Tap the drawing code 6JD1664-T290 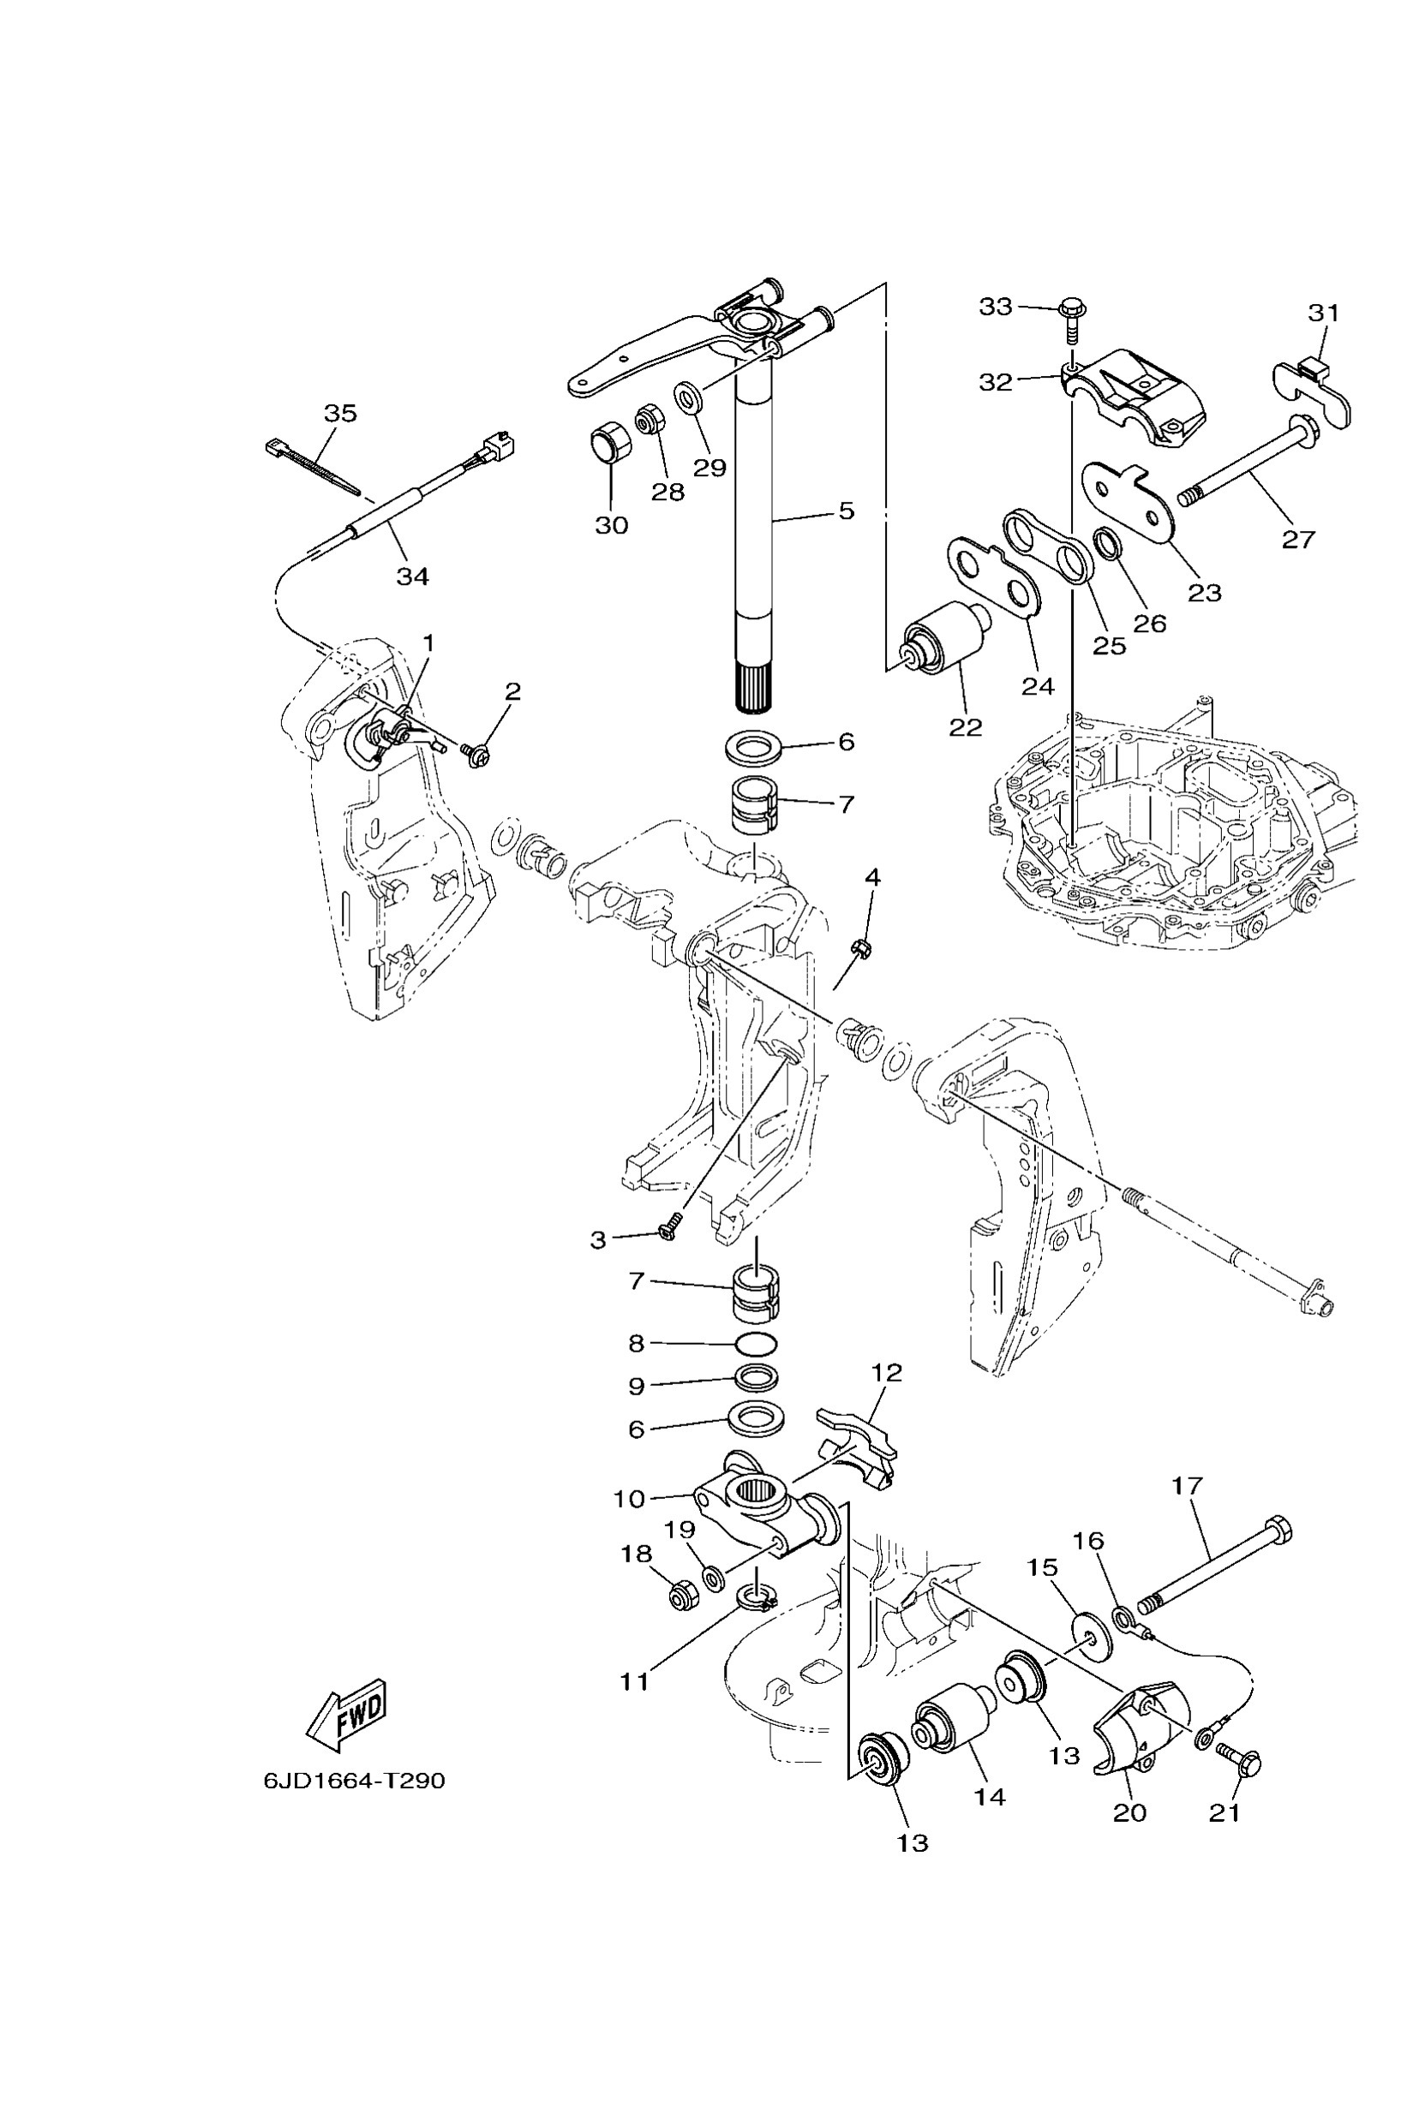point(354,1781)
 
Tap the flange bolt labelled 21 point(1243,1757)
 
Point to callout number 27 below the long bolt point(1298,539)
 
